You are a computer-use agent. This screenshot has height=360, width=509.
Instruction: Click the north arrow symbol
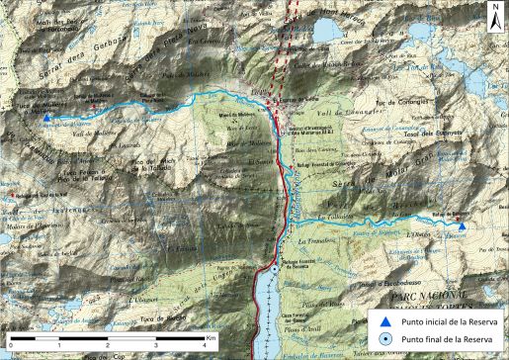(x=493, y=14)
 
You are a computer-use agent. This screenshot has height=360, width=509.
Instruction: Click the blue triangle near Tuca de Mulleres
(x=46, y=118)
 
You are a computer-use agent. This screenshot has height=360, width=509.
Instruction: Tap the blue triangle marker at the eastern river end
(x=463, y=226)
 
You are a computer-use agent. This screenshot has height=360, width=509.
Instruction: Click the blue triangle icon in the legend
(x=386, y=320)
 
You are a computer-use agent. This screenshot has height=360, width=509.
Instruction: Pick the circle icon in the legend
(x=386, y=340)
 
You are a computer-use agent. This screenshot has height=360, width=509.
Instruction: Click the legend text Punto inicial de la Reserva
(x=450, y=320)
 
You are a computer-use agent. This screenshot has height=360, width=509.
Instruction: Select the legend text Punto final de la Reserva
(x=446, y=340)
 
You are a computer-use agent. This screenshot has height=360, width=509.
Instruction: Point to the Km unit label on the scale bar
(x=212, y=337)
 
